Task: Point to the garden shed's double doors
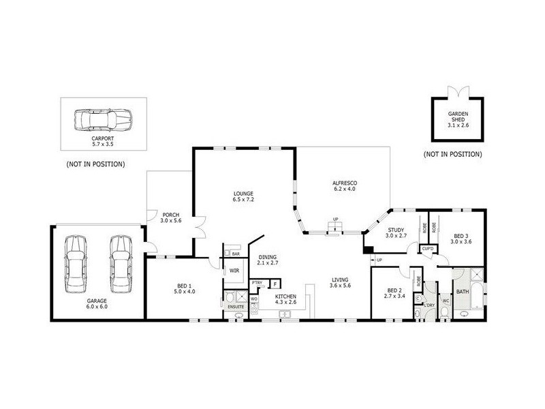(x=456, y=91)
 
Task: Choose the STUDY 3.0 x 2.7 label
(x=396, y=232)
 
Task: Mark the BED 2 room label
(x=394, y=293)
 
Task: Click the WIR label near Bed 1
(x=234, y=271)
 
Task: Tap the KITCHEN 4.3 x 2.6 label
(x=285, y=300)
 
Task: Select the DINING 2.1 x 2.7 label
(x=268, y=259)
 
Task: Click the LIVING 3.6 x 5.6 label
(x=341, y=282)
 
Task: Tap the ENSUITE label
(x=236, y=307)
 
